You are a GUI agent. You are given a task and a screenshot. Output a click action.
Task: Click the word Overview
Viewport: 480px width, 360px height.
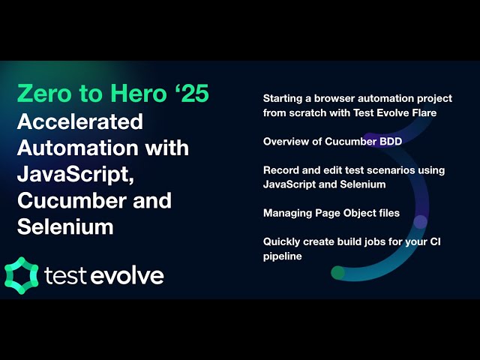point(285,141)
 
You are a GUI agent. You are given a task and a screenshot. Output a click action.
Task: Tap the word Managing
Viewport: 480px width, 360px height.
point(286,213)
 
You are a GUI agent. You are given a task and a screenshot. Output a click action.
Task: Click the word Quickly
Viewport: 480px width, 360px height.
point(282,241)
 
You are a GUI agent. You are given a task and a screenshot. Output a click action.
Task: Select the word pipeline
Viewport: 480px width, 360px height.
point(282,256)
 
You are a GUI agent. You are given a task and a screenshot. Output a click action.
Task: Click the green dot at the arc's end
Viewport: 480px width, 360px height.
point(338,272)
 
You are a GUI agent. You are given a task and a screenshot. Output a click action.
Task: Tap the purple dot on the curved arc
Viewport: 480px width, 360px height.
point(421,221)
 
